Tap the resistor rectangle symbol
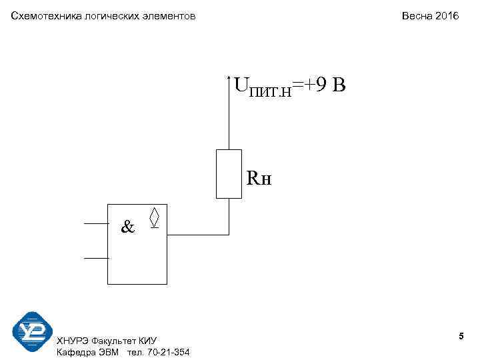[229, 174]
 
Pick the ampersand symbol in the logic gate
[127, 227]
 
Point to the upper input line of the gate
[95, 223]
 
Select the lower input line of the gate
[95, 257]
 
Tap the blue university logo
[32, 331]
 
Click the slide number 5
[461, 338]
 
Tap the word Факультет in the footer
[116, 341]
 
